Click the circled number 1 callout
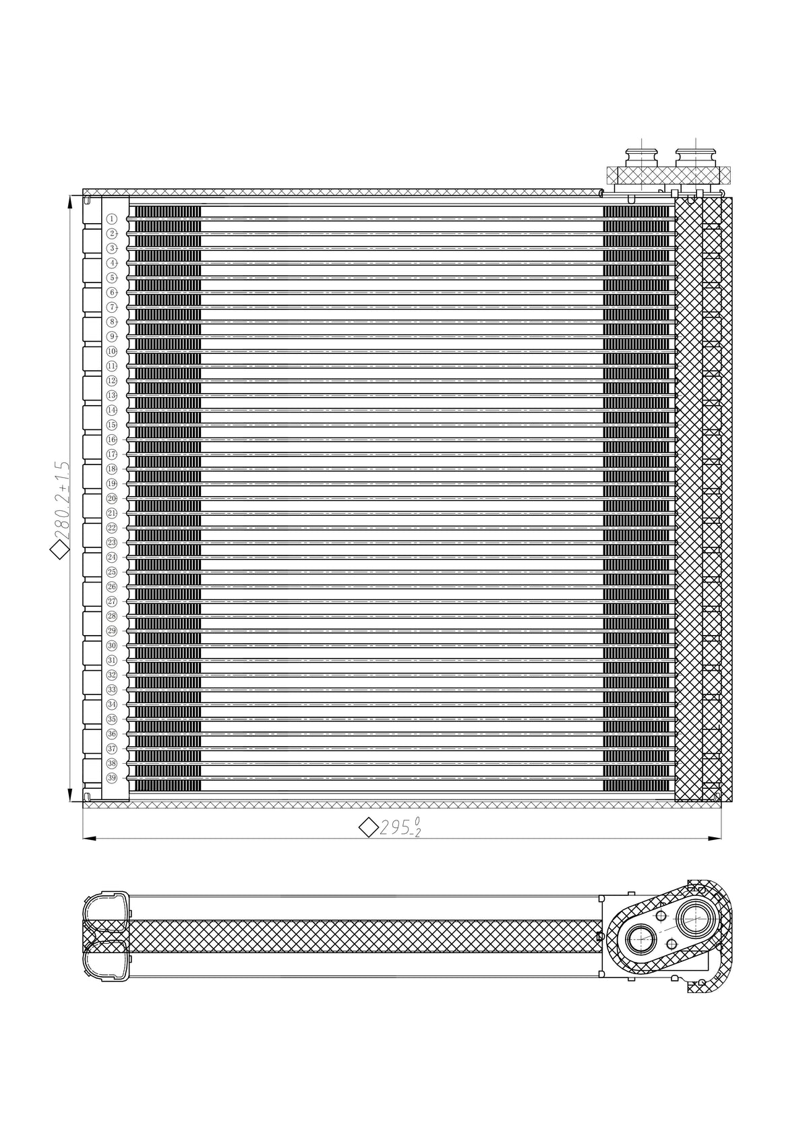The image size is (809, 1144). pyautogui.click(x=112, y=219)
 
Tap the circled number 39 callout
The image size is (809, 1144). pyautogui.click(x=112, y=778)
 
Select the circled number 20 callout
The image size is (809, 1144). pyautogui.click(x=112, y=498)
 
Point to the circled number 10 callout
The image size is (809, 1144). pyautogui.click(x=112, y=351)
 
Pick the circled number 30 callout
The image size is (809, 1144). pyautogui.click(x=112, y=645)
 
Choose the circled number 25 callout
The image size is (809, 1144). pyautogui.click(x=112, y=572)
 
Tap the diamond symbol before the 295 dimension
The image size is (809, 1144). pyautogui.click(x=368, y=827)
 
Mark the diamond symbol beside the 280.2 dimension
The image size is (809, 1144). pyautogui.click(x=61, y=551)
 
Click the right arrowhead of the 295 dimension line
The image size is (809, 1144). pyautogui.click(x=716, y=839)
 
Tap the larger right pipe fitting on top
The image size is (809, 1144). pyautogui.click(x=696, y=160)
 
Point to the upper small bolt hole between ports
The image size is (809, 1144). pyautogui.click(x=661, y=916)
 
